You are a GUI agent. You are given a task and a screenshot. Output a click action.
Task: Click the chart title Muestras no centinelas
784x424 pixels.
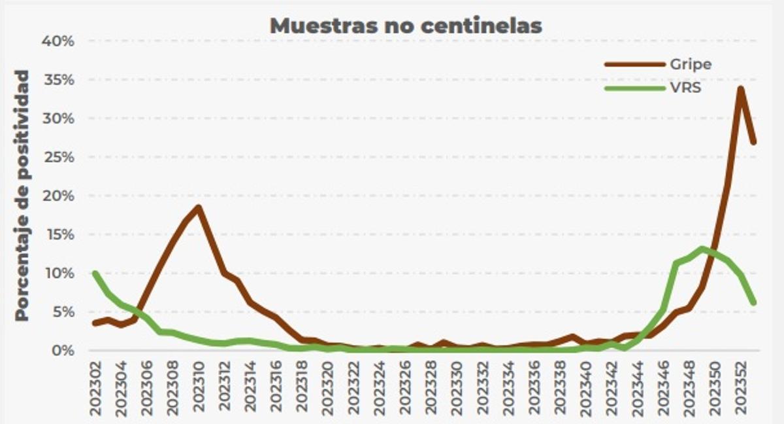point(406,26)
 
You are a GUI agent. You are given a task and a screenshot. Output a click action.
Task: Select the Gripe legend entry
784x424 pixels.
point(690,64)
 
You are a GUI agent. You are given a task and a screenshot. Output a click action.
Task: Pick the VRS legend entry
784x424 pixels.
point(685,87)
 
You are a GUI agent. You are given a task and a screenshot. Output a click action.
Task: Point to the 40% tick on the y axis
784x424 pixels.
point(58,41)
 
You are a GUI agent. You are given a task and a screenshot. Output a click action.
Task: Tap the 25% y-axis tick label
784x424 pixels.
point(58,157)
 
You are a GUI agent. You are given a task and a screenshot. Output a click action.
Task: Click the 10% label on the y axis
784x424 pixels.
point(58,273)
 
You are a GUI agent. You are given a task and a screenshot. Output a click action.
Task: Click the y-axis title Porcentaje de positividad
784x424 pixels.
point(23,195)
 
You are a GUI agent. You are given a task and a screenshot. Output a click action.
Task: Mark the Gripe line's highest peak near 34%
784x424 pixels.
point(740,88)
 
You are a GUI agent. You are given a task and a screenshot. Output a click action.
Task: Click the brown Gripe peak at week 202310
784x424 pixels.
point(199,207)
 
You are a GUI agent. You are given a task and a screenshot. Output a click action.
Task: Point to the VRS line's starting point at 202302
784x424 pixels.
point(95,273)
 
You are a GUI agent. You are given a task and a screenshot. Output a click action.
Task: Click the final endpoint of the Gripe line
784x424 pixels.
point(753,141)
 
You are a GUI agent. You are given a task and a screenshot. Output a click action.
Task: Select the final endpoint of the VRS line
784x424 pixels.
point(753,302)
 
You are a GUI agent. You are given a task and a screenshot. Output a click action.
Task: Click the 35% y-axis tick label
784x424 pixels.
point(58,80)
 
